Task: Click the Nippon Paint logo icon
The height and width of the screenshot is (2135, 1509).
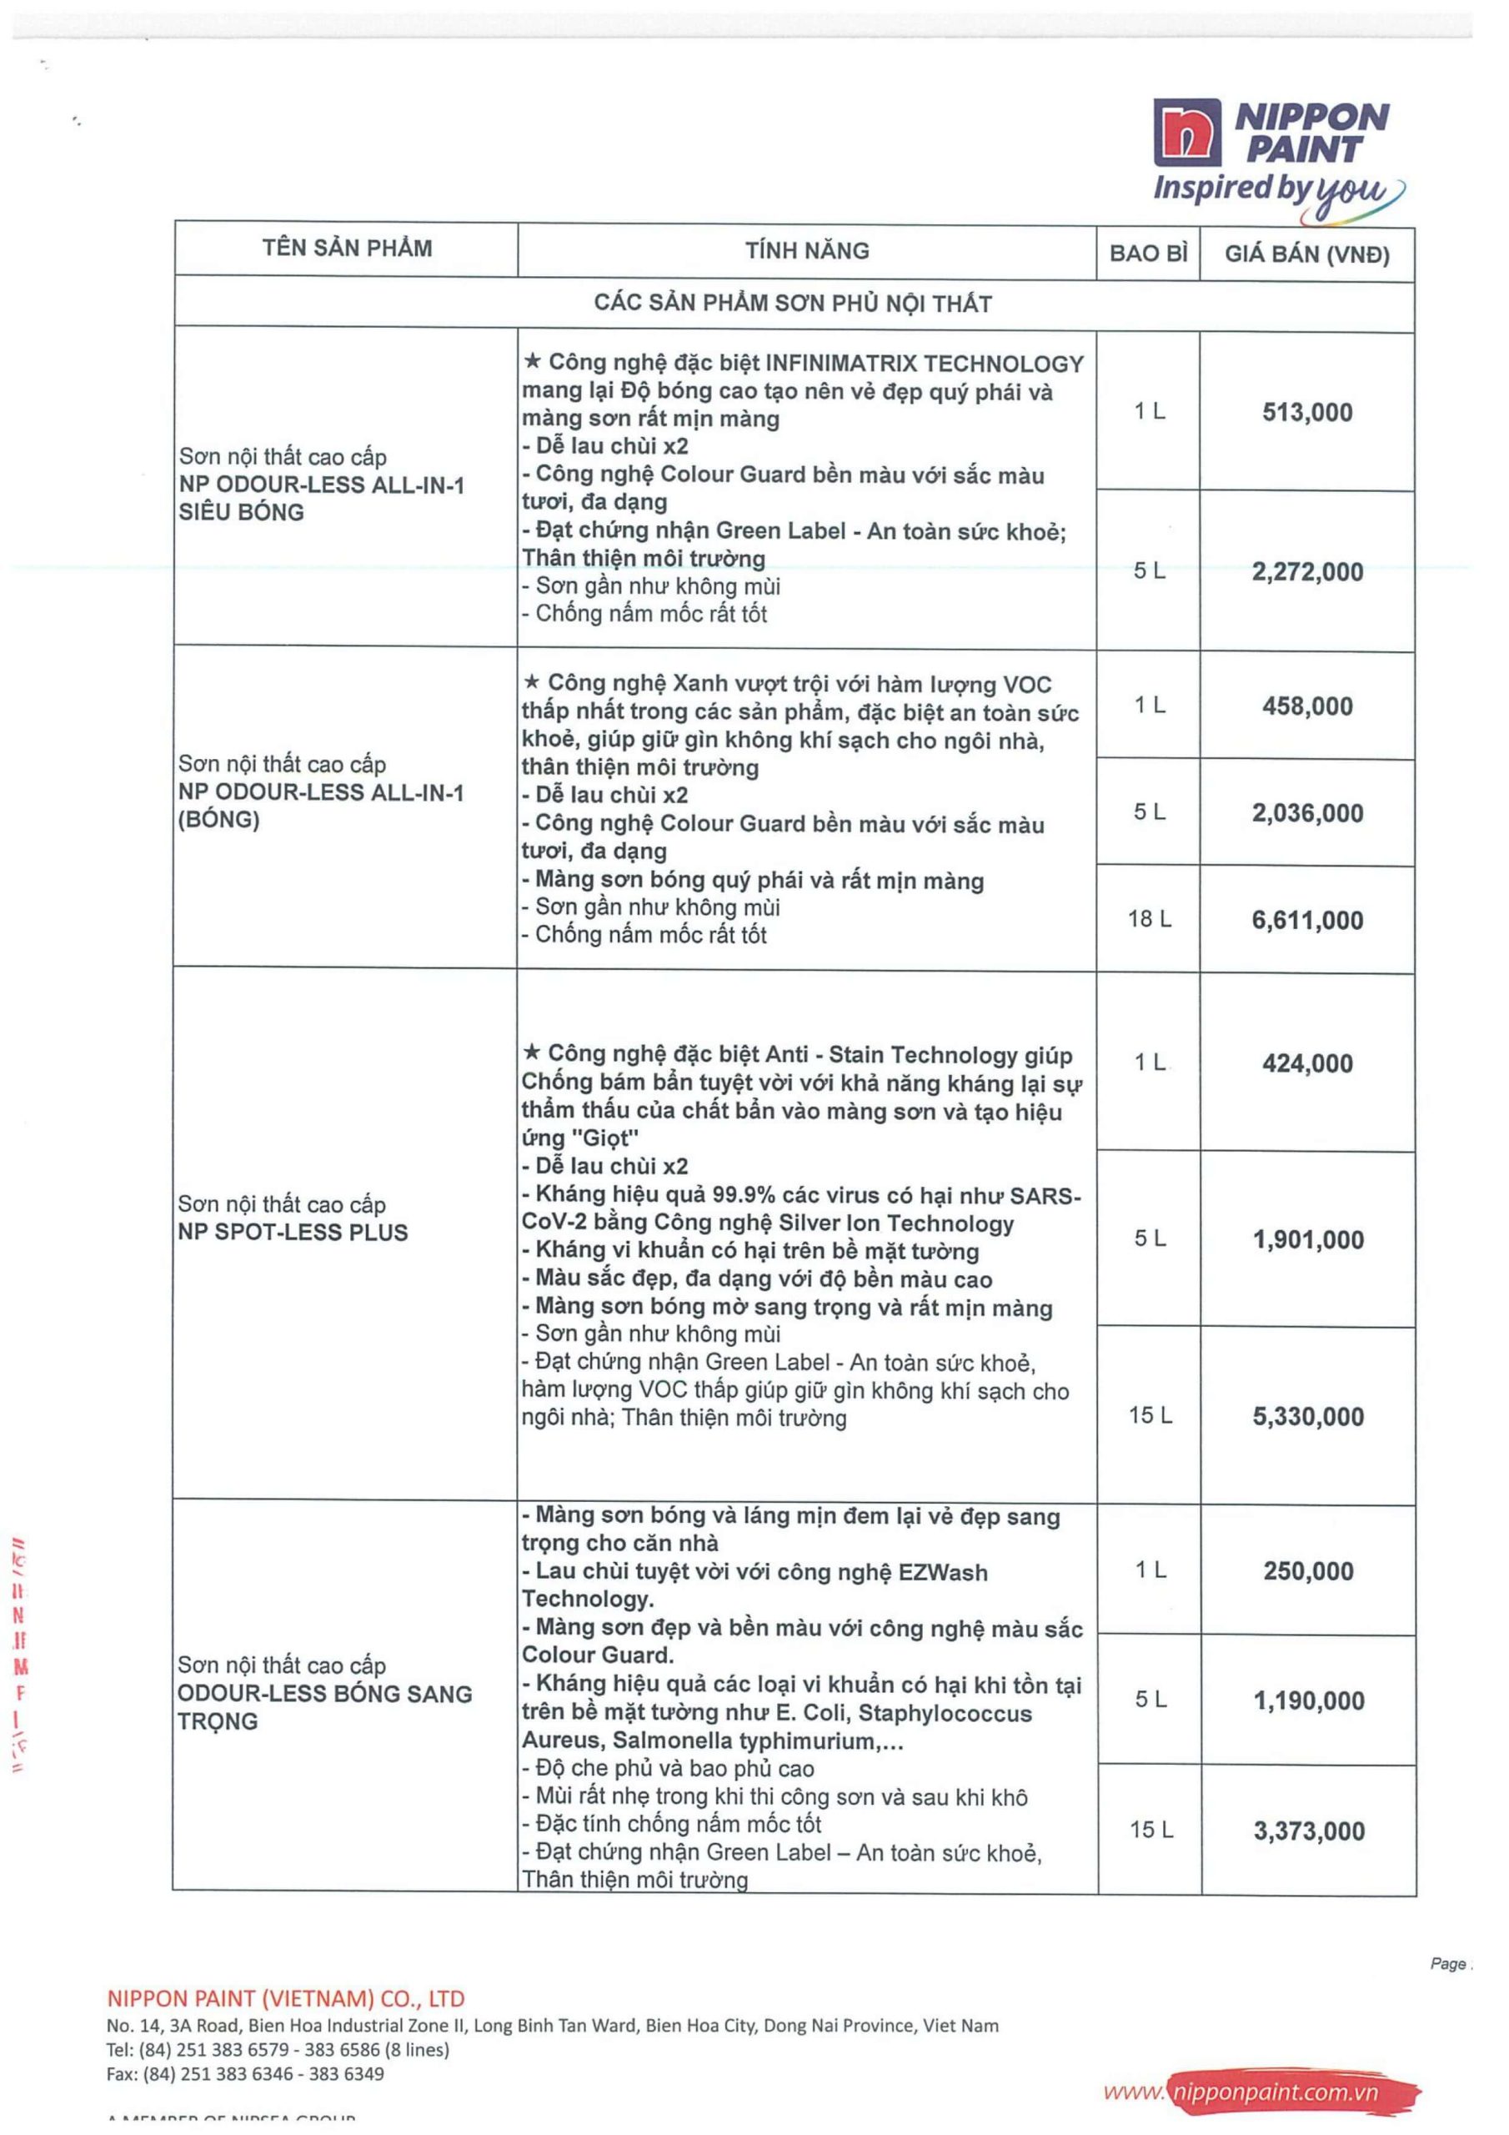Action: pos(1187,133)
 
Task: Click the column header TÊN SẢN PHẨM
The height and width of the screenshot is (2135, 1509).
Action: pos(347,249)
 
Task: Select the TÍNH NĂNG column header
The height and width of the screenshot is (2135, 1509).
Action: pos(806,250)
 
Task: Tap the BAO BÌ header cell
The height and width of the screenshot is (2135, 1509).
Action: pos(1148,253)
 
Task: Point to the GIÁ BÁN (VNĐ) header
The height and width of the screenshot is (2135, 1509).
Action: pos(1306,254)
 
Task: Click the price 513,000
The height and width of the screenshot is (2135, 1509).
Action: pos(1306,412)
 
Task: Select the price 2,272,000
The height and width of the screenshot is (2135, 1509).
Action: pos(1306,571)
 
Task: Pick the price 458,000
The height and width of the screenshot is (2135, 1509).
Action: pos(1306,706)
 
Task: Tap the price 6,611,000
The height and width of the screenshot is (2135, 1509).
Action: pos(1306,920)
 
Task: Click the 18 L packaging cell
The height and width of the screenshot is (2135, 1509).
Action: pos(1149,919)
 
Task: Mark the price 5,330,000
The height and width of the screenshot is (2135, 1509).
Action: pos(1307,1416)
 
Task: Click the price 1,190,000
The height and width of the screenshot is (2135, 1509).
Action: pos(1307,1700)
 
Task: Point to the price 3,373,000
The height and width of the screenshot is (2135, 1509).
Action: pos(1308,1831)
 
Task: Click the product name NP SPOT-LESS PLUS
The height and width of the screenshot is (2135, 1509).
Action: pos(293,1232)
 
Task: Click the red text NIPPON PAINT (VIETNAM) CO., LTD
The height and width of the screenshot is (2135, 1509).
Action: pos(285,1998)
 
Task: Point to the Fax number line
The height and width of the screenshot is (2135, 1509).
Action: pos(244,2072)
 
